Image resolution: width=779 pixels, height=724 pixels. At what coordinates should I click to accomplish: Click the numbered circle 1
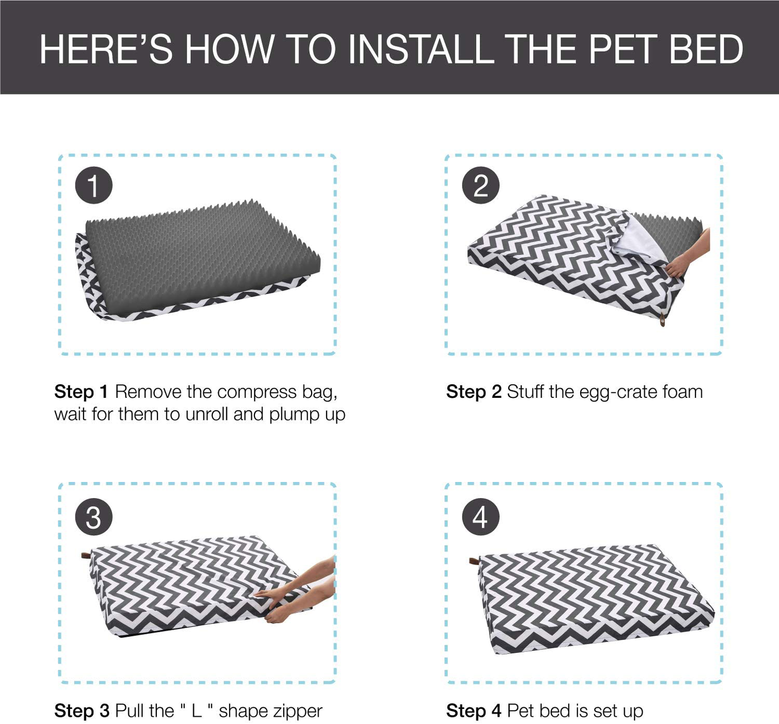tap(94, 185)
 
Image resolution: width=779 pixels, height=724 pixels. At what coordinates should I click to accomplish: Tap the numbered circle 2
tap(480, 185)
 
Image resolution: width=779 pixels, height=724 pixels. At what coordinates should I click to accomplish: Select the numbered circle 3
tap(94, 517)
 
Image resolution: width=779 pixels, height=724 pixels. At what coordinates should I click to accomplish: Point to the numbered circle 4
tap(480, 517)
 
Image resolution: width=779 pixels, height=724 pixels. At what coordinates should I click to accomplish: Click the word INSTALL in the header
tap(421, 49)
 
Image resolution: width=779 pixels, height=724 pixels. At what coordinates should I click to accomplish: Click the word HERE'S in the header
tap(106, 49)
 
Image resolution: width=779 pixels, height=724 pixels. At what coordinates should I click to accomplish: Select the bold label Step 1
tap(81, 391)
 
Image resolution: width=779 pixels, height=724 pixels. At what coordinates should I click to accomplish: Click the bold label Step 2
tap(474, 391)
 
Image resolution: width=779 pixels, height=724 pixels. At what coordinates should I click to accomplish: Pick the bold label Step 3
tap(81, 711)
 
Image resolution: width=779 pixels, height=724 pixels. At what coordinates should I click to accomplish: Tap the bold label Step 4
tap(474, 711)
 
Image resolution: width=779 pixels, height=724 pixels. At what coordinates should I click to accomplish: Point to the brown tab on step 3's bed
tap(86, 555)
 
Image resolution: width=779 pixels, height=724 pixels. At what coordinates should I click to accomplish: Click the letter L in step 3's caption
tap(197, 711)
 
